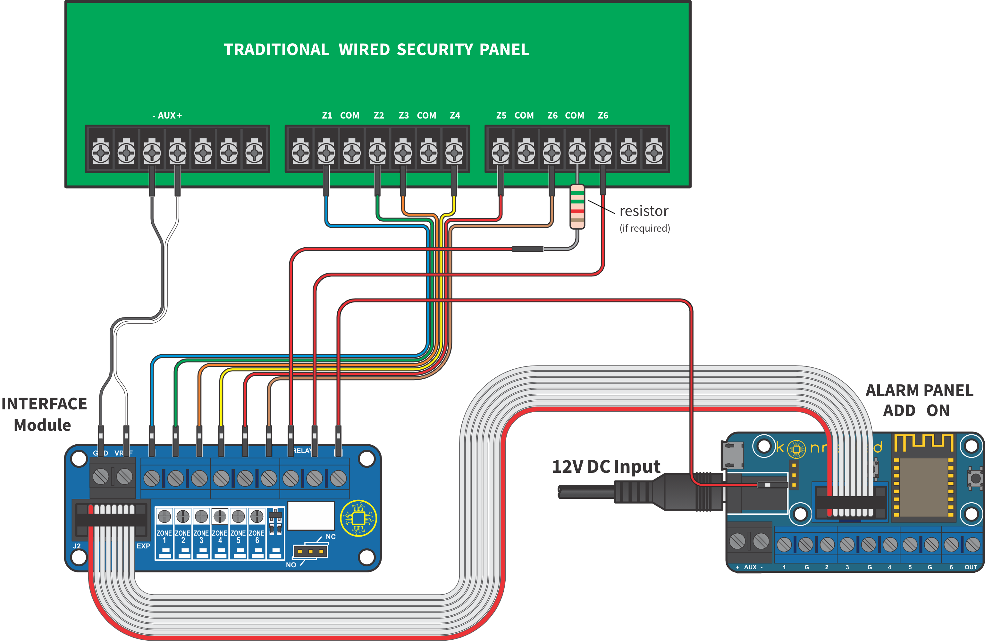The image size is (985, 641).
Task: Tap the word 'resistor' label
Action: click(x=644, y=211)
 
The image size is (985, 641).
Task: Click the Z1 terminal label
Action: click(x=327, y=116)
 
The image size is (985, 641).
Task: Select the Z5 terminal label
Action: click(x=501, y=116)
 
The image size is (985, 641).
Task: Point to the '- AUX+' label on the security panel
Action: click(x=167, y=116)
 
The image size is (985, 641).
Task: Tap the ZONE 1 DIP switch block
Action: click(x=164, y=533)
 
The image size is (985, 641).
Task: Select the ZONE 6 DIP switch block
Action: click(x=257, y=533)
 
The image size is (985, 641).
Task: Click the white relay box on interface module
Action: click(x=311, y=516)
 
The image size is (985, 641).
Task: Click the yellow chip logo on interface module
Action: click(x=358, y=518)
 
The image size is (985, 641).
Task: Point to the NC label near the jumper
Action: click(x=331, y=537)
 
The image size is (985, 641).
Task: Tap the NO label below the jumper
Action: click(x=291, y=565)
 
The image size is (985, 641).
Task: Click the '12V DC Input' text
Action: click(x=606, y=466)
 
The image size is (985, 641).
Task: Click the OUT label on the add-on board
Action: click(x=971, y=567)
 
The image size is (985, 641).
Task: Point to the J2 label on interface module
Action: click(x=77, y=546)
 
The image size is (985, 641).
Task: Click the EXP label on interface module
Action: click(x=143, y=546)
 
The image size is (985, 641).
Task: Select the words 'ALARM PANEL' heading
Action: click(x=919, y=390)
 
